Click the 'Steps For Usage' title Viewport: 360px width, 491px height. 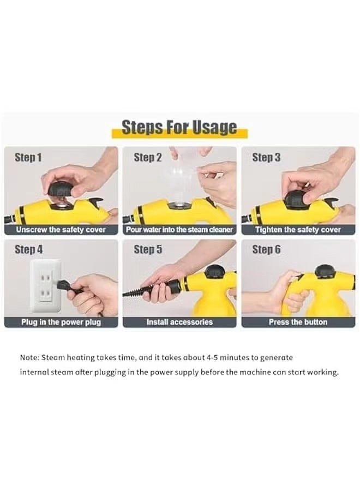pos(179,128)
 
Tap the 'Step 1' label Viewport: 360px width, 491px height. pos(28,158)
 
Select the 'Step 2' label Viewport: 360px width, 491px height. pos(148,158)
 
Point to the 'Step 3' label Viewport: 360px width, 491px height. pos(266,158)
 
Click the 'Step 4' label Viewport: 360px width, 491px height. pos(28,250)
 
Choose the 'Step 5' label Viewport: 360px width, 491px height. pos(148,250)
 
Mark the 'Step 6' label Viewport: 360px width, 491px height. pos(266,250)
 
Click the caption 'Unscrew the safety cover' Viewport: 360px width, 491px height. pos(61,230)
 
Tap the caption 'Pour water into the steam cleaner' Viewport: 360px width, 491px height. pos(179,230)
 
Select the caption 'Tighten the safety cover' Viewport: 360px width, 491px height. pos(298,230)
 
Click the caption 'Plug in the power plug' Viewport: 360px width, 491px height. pos(61,322)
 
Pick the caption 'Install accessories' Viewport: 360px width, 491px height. pos(179,322)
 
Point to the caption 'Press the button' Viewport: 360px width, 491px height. pos(298,322)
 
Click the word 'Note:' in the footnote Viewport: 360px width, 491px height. pos(29,358)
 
